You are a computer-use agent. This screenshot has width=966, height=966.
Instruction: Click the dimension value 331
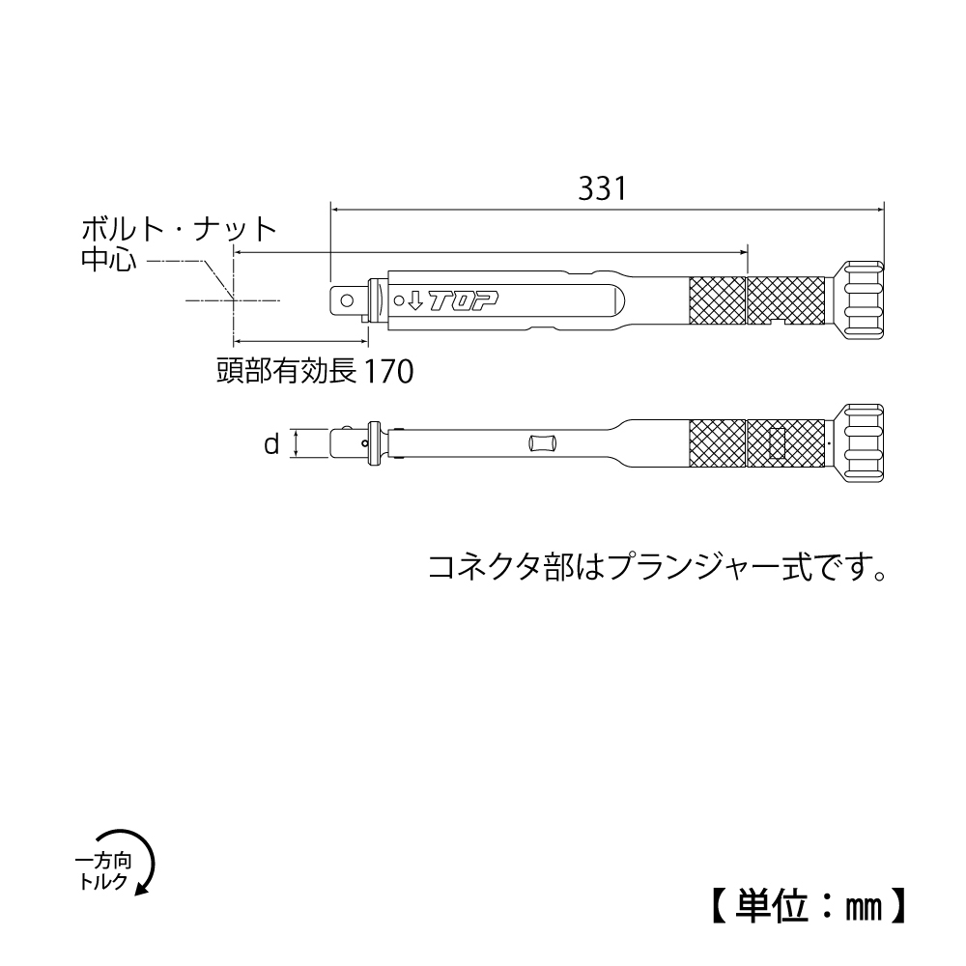click(x=604, y=187)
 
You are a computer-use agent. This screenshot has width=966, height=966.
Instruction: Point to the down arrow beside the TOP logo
click(x=413, y=301)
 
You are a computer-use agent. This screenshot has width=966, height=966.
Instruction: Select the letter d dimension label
click(x=271, y=444)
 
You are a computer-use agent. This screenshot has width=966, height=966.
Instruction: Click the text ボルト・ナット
click(x=180, y=230)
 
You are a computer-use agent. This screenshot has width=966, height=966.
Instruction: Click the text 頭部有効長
click(x=288, y=371)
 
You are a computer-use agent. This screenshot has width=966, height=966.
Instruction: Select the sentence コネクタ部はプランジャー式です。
click(x=658, y=566)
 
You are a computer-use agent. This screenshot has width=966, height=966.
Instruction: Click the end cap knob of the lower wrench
click(x=863, y=444)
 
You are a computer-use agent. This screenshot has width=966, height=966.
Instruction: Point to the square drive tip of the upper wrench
click(x=345, y=300)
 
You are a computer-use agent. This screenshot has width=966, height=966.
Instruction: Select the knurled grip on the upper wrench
click(x=760, y=300)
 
